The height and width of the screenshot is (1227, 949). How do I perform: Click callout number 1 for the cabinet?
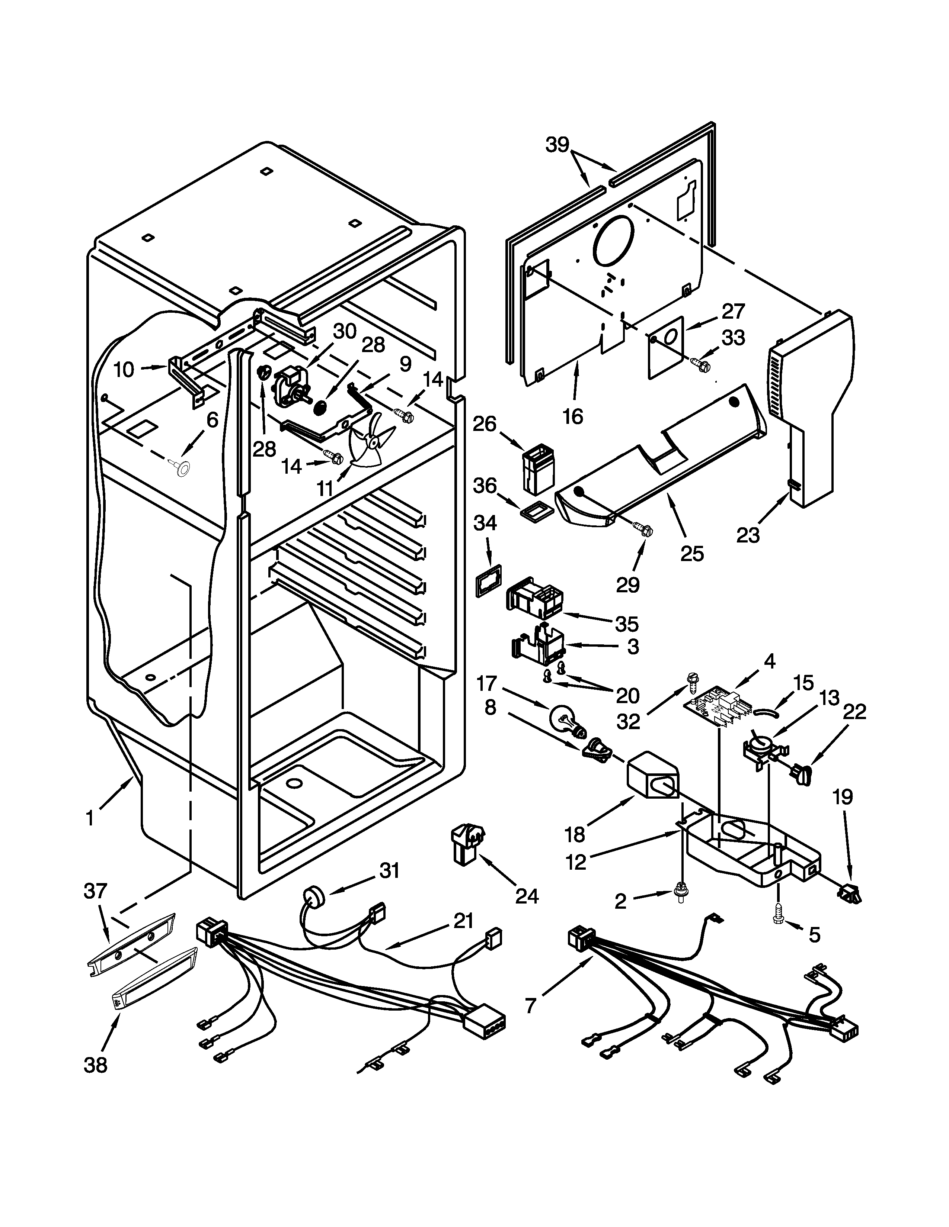click(90, 819)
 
